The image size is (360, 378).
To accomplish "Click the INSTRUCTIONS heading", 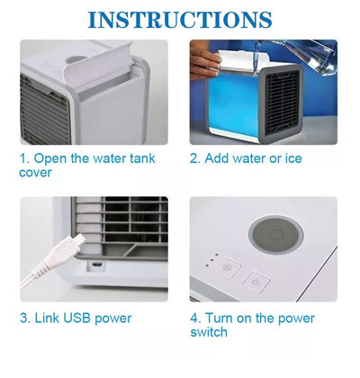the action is tap(180, 20).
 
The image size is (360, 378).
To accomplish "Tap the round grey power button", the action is tap(276, 235).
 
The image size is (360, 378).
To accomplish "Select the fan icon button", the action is tap(229, 266).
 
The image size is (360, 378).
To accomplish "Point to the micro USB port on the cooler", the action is tap(96, 265).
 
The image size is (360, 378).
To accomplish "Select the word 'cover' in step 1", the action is tap(35, 173).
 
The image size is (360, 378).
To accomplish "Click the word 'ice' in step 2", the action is tap(293, 158).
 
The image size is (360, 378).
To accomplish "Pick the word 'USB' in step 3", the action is tap(76, 318).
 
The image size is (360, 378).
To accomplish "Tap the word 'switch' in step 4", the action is tap(209, 332).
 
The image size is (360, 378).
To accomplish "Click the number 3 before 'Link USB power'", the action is tap(23, 318).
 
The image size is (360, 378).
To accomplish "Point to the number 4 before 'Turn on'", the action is tap(194, 318).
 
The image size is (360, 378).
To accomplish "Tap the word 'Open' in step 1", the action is tap(49, 159).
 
